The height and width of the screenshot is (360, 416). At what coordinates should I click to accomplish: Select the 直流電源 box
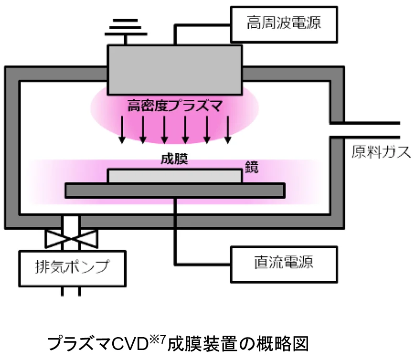tap(284, 262)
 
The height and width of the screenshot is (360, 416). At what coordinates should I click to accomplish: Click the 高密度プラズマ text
tap(174, 105)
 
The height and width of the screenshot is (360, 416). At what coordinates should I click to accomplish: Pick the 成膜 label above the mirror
tap(174, 159)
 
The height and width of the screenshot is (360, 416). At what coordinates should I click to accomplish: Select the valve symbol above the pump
tap(71, 237)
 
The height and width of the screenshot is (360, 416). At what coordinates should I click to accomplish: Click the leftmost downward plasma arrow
tap(122, 129)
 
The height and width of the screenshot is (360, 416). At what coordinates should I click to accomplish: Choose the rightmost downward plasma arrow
tap(228, 129)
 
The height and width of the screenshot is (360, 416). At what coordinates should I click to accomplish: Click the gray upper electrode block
tap(174, 69)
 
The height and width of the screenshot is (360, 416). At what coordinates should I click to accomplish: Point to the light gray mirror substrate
tap(174, 176)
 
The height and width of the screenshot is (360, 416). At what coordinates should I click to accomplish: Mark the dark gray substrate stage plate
tap(174, 191)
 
